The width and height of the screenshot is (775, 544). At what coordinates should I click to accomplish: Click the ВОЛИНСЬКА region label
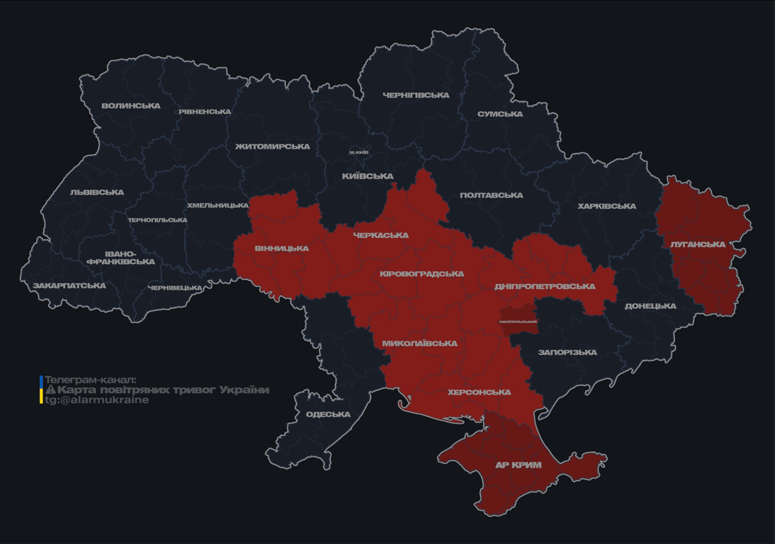(131, 106)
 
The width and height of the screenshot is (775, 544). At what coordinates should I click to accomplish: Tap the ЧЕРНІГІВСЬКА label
(416, 95)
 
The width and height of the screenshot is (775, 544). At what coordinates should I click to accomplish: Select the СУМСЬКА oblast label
(500, 114)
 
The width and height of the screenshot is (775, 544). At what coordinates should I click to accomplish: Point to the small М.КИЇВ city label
(359, 152)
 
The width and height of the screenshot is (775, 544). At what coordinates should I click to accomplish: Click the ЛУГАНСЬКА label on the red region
(698, 244)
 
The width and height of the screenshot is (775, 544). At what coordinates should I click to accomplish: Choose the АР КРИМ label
(519, 465)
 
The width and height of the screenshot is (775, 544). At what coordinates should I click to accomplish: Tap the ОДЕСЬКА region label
(328, 414)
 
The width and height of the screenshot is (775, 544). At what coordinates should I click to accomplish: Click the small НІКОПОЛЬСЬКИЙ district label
(518, 322)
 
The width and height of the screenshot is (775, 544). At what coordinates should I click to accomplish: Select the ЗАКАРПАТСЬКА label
(69, 286)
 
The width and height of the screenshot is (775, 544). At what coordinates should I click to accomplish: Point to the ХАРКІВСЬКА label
(606, 206)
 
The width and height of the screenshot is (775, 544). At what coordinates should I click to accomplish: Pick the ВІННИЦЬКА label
(281, 249)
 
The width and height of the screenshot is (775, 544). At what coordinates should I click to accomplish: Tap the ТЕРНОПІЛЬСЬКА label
(157, 220)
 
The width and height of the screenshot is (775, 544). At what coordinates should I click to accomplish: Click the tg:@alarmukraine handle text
(97, 400)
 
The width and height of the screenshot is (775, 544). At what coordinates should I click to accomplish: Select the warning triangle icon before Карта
(50, 390)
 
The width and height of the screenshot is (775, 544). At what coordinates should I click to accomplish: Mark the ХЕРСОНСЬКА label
(479, 392)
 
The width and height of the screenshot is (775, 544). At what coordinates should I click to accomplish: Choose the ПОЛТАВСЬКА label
(491, 195)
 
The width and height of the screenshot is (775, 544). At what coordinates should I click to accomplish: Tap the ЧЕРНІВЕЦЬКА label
(175, 288)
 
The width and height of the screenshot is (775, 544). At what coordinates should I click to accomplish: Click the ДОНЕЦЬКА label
(650, 306)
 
